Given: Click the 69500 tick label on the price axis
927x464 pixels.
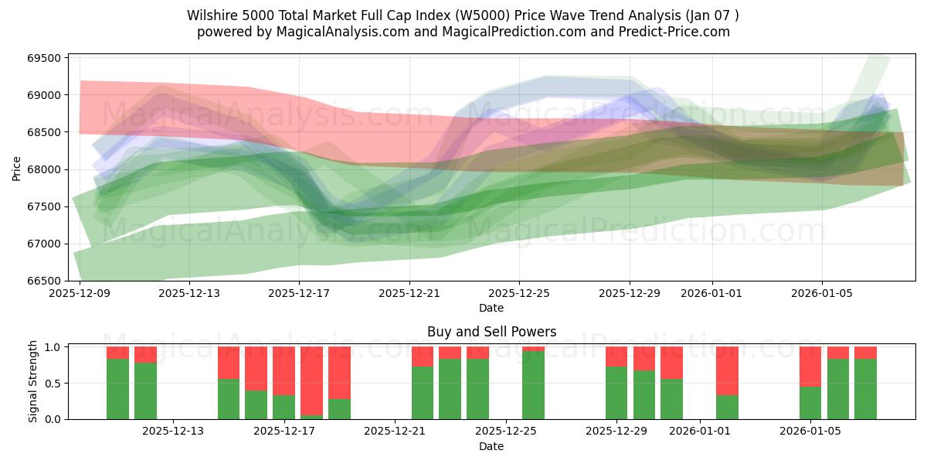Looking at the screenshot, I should point(44,58).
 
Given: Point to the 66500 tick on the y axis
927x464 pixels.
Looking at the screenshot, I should point(44,281).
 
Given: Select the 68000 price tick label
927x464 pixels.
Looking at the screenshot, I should point(44,169).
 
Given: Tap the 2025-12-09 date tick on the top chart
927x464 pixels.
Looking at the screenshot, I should point(80,294).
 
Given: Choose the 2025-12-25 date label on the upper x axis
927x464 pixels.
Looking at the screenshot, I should point(519,294).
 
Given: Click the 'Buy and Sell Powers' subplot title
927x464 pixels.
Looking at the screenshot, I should point(491,332).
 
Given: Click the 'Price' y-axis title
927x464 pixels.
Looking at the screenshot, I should point(18,167).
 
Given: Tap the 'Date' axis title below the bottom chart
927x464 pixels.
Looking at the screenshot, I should point(491,446).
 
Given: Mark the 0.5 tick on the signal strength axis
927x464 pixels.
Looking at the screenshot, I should point(52,384).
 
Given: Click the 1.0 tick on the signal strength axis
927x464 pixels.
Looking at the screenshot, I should point(52,347).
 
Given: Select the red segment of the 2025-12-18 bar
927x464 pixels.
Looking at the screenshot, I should point(311,380).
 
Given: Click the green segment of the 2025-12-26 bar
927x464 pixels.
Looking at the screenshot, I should point(533,385).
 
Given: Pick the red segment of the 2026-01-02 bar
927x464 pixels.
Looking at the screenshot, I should point(727,370).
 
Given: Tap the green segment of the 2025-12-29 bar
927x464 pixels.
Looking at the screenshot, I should point(616,393).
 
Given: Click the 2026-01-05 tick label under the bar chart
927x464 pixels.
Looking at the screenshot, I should point(810,432).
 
